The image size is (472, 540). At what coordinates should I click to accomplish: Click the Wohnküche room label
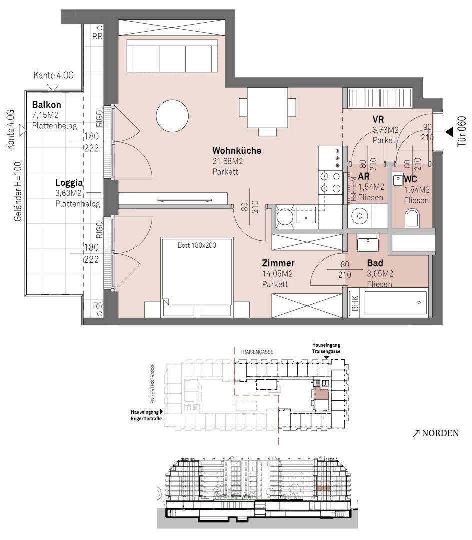pyautogui.click(x=237, y=151)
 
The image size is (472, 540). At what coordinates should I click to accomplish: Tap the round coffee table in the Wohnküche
pyautogui.click(x=172, y=116)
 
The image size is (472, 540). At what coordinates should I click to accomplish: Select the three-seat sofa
pyautogui.click(x=172, y=56)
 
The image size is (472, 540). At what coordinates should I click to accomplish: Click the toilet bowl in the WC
pyautogui.click(x=413, y=218)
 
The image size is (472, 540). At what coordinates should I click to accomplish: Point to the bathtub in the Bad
pyautogui.click(x=395, y=303)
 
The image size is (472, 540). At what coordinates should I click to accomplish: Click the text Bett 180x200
pyautogui.click(x=197, y=245)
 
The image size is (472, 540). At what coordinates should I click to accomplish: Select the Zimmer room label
pyautogui.click(x=278, y=263)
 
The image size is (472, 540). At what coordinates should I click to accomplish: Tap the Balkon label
pyautogui.click(x=47, y=104)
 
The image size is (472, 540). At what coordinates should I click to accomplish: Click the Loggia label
pyautogui.click(x=69, y=183)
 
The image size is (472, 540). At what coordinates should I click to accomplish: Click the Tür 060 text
pyautogui.click(x=462, y=132)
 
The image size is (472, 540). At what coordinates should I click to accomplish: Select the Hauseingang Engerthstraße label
pyautogui.click(x=145, y=415)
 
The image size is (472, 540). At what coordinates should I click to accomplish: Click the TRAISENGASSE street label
pyautogui.click(x=257, y=352)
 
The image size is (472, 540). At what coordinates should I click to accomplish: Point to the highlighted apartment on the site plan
pyautogui.click(x=321, y=393)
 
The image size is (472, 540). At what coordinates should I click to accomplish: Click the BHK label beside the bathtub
pyautogui.click(x=355, y=303)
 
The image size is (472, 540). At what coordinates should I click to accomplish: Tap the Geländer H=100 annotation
pyautogui.click(x=18, y=191)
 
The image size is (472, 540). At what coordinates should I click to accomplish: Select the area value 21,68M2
pyautogui.click(x=228, y=161)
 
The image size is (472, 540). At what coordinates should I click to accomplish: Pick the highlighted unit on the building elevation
pyautogui.click(x=323, y=488)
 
